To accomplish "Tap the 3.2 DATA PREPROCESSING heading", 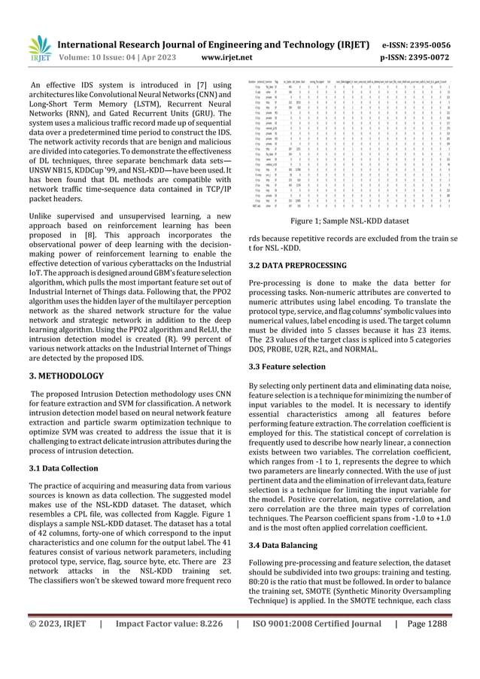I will point(287,266).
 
